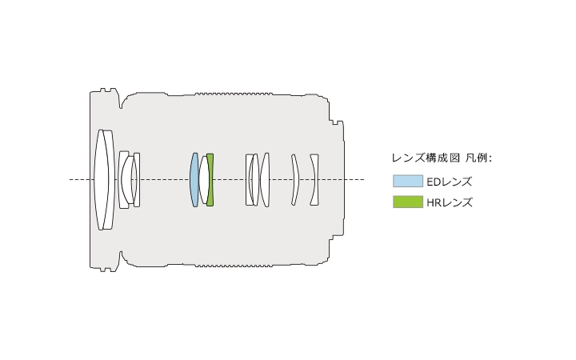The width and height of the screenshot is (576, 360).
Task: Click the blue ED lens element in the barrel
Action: tap(194, 180)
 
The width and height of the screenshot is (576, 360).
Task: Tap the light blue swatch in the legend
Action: tap(408, 181)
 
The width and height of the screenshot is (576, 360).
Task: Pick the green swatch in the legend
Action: tap(408, 202)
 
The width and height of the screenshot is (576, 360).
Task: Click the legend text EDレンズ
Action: tap(450, 182)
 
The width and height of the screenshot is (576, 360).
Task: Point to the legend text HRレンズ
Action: tap(450, 202)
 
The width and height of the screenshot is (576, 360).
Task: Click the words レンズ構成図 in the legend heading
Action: tap(426, 158)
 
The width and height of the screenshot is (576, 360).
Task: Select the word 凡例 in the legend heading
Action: tap(477, 158)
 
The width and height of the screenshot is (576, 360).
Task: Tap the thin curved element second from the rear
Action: tap(295, 180)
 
